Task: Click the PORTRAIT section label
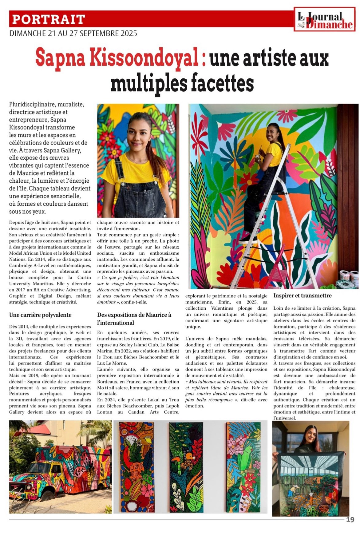[x=48, y=19]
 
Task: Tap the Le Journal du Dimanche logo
[x=325, y=19]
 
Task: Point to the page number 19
[x=350, y=519]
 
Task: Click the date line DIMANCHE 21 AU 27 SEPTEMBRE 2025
[x=73, y=33]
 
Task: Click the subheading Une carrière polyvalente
[x=40, y=315]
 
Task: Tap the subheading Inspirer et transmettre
[x=303, y=296]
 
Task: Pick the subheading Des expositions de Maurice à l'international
[x=134, y=319]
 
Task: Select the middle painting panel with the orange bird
[x=186, y=467]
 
